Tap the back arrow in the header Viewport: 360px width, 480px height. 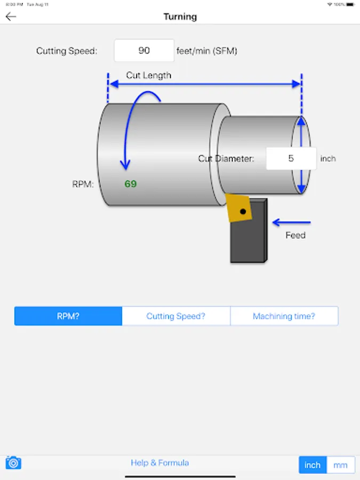pos(11,17)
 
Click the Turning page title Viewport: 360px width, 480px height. pos(180,17)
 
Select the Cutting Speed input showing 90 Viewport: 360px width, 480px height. pos(144,51)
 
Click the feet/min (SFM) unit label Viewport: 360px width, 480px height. pos(207,51)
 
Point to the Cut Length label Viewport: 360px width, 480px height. pos(149,75)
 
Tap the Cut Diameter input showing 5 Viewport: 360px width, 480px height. pos(291,158)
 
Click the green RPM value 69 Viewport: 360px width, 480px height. pos(131,184)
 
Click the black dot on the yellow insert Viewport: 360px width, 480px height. pos(243,212)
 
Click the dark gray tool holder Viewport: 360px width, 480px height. pos(249,240)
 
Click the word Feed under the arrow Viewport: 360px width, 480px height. pos(295,235)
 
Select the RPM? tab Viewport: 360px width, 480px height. pos(68,316)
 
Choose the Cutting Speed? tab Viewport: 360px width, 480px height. pos(176,316)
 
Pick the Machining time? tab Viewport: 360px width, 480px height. pos(284,316)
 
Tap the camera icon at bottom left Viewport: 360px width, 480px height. pos(13,462)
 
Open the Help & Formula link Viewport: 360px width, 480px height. pos(160,462)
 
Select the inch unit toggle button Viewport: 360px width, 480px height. pos(313,465)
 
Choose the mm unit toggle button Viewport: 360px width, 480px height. pos(340,465)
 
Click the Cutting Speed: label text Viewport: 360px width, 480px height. pos(67,51)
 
